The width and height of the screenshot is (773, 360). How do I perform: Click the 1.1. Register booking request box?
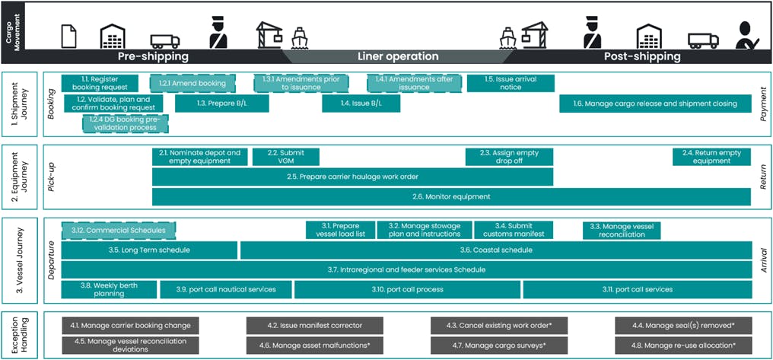[100, 82]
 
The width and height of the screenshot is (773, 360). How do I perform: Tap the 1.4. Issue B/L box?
[361, 104]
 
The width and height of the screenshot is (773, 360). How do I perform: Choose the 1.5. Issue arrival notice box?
[511, 82]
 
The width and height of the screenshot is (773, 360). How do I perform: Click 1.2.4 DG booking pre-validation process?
[126, 123]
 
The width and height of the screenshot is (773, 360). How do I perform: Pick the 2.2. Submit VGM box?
[286, 157]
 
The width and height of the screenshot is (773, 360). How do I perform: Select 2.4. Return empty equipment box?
[712, 157]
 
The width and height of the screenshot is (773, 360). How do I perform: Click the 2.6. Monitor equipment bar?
[451, 196]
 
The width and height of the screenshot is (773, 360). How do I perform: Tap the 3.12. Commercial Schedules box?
[119, 230]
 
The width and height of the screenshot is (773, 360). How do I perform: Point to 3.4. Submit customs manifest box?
[514, 230]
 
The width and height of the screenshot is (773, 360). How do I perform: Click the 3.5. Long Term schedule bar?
[149, 250]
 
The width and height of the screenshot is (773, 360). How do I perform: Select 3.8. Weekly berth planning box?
[109, 289]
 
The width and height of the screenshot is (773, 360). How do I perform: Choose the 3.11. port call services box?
[637, 289]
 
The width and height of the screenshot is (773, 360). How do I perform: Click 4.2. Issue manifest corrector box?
[298, 325]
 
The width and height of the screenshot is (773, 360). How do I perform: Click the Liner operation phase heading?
[398, 56]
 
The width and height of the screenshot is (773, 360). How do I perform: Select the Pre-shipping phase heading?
[153, 56]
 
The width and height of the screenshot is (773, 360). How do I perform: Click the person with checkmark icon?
[747, 34]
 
